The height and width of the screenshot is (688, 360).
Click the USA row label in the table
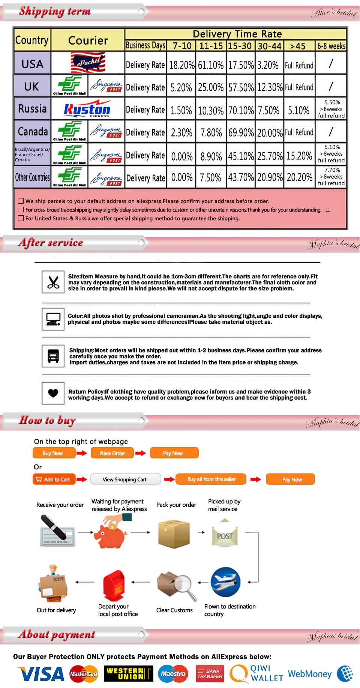(x=32, y=64)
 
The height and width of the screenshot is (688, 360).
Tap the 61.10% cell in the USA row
(x=211, y=65)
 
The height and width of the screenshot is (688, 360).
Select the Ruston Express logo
(x=87, y=109)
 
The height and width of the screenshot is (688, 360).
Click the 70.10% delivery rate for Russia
(x=241, y=110)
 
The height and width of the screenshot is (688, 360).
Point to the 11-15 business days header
(x=211, y=46)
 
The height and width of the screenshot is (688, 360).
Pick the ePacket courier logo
(x=88, y=62)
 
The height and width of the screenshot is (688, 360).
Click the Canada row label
(x=33, y=132)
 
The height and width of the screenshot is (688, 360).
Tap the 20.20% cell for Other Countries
(x=299, y=177)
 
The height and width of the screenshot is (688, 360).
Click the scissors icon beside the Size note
(x=53, y=282)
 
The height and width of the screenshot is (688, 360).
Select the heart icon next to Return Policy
(x=53, y=393)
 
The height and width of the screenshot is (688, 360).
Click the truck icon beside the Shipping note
(x=53, y=356)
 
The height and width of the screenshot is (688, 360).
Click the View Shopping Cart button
(x=125, y=479)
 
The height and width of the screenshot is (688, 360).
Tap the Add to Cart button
(x=54, y=479)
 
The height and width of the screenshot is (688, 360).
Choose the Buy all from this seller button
(x=211, y=479)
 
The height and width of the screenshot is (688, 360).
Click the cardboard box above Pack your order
(x=173, y=533)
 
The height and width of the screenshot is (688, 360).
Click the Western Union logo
(x=128, y=674)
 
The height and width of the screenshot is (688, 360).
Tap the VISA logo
(x=41, y=674)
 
